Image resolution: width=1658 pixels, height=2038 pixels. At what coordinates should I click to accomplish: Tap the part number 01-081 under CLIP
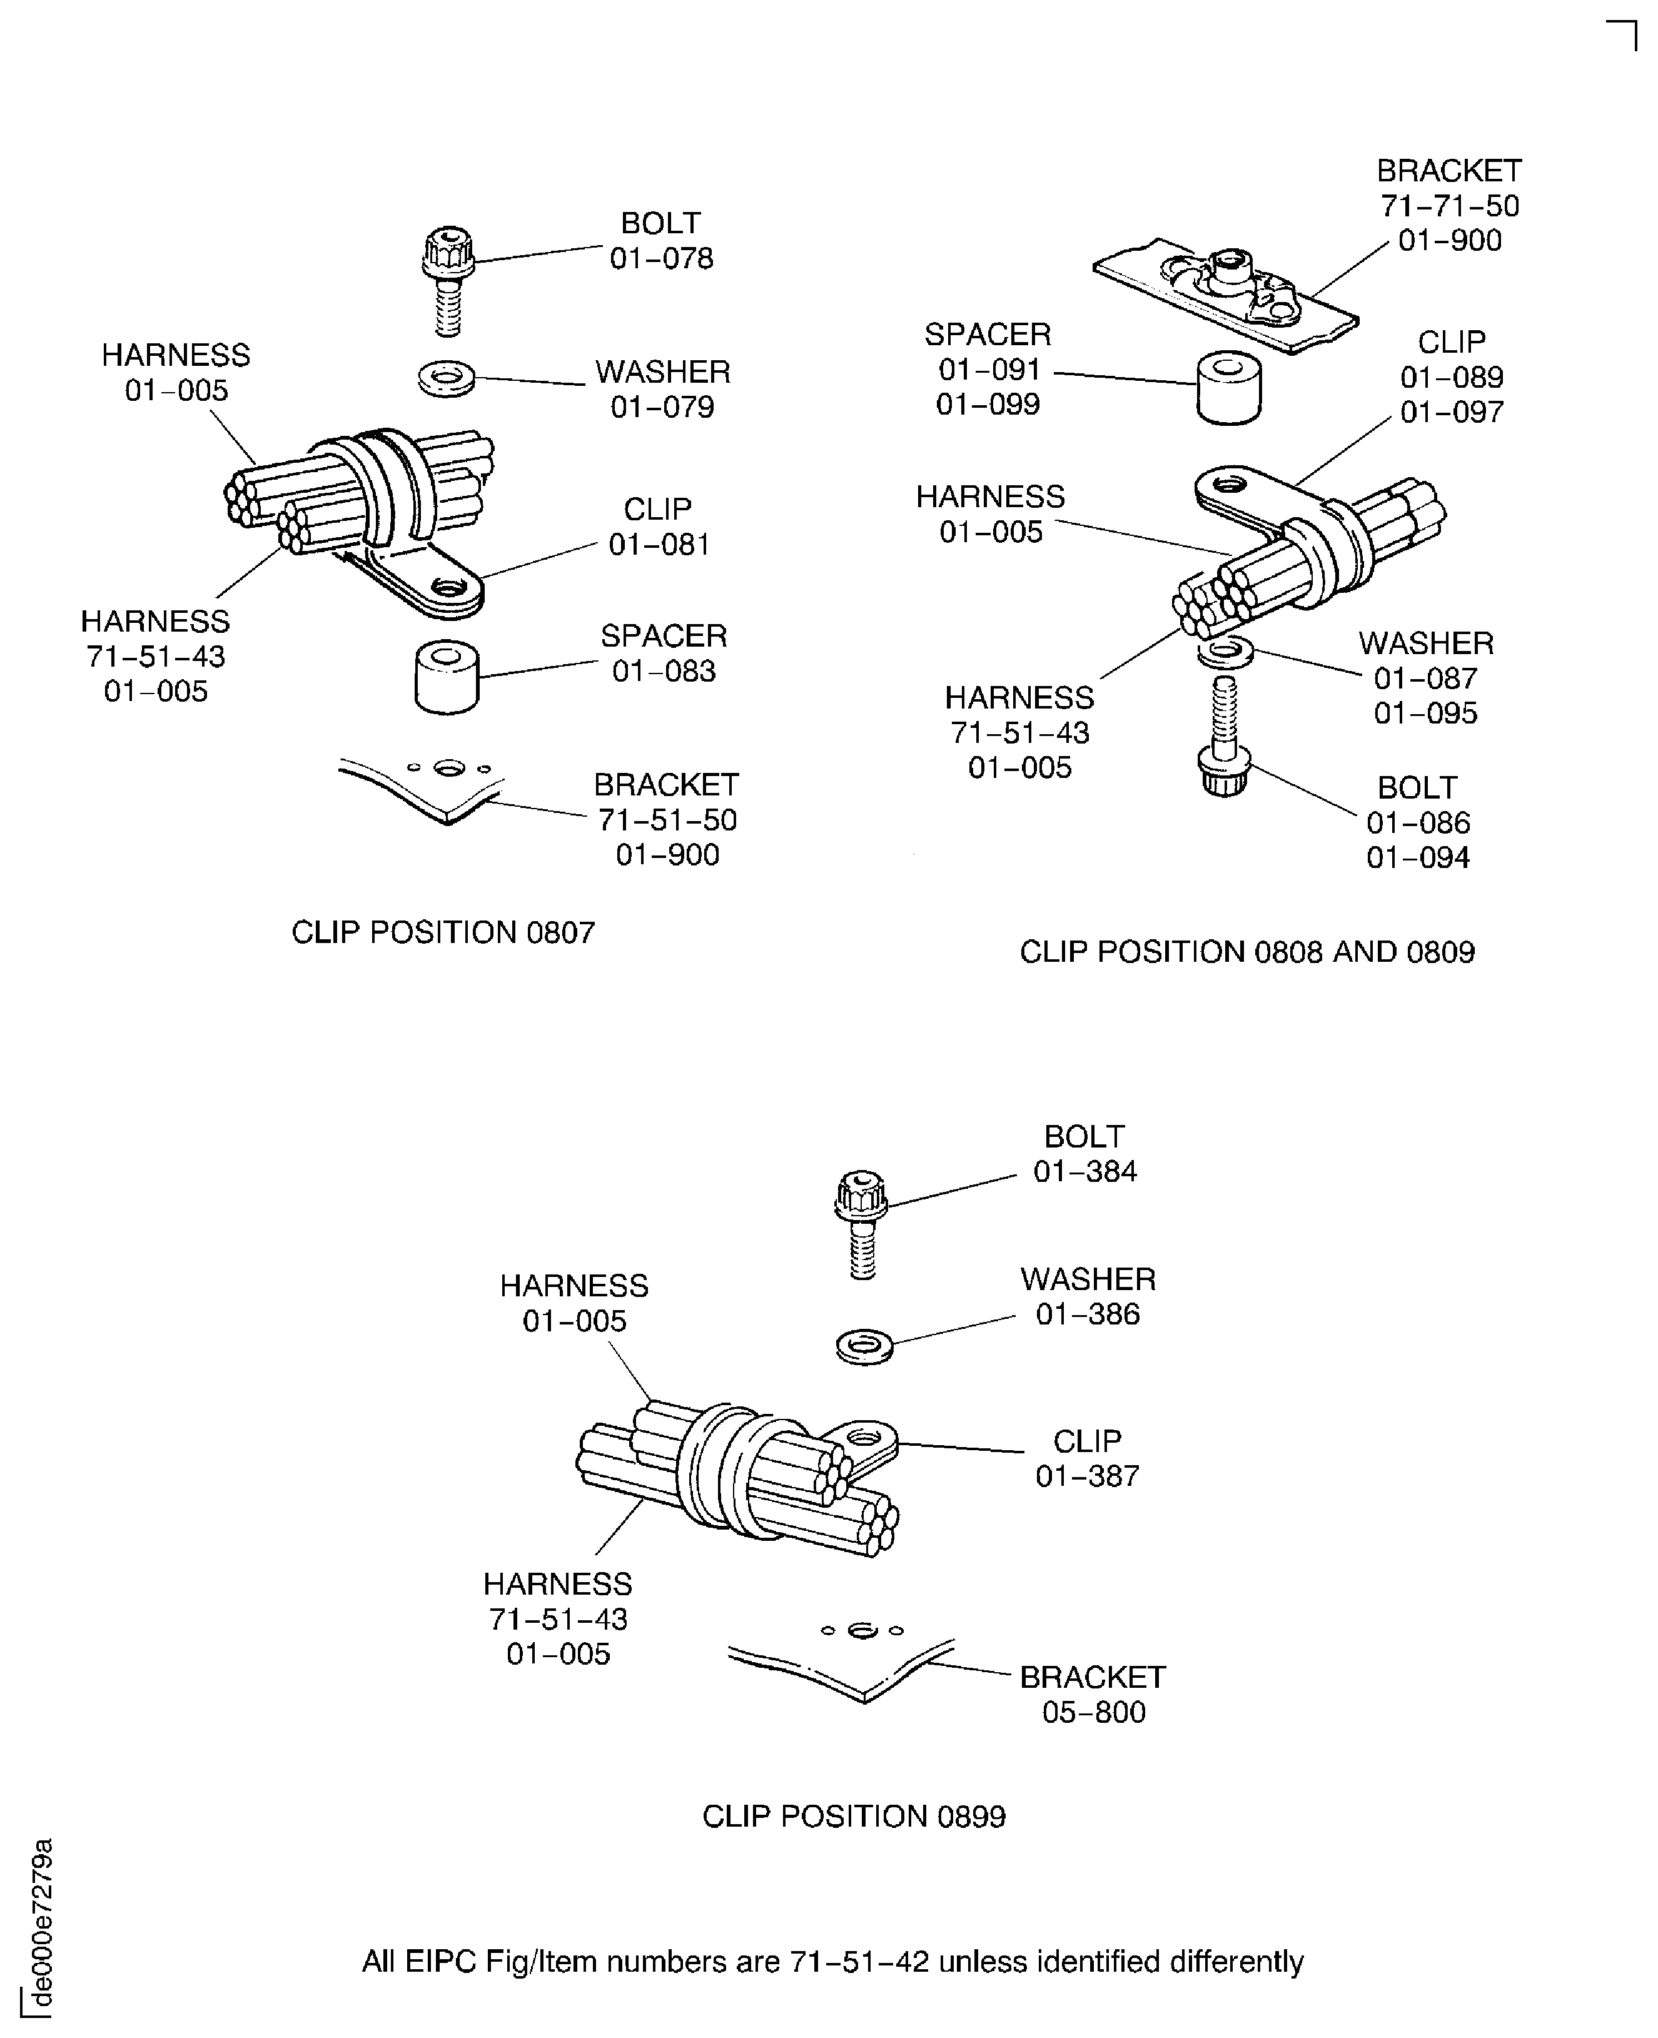coord(660,544)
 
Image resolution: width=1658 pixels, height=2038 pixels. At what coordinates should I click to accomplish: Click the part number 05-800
coord(1093,1712)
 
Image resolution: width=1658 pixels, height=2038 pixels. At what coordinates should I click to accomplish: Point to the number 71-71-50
coord(1449,205)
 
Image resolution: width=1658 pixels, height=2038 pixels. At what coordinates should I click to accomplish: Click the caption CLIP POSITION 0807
coord(443,932)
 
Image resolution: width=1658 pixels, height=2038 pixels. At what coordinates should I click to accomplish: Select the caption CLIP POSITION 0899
coord(854,1817)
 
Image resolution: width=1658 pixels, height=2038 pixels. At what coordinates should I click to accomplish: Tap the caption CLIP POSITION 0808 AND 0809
coord(1246,952)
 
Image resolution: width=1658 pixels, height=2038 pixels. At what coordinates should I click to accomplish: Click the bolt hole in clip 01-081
coord(447,585)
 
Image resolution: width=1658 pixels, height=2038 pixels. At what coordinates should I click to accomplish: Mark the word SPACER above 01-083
coord(664,635)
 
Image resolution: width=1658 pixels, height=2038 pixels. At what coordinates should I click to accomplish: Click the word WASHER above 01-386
coord(1088,1279)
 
